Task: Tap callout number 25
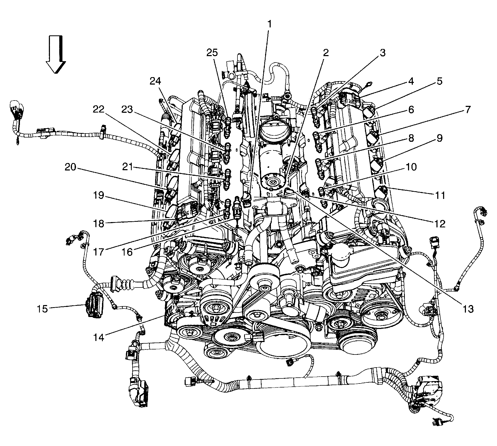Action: (x=212, y=53)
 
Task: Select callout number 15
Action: (x=43, y=309)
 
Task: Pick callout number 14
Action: (x=99, y=337)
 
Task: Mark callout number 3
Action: (x=382, y=53)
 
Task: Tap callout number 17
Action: (x=99, y=252)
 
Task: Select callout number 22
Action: (x=99, y=110)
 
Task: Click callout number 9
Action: (x=440, y=138)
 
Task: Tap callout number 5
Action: (x=440, y=81)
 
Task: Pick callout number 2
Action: (x=326, y=53)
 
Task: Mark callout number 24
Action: (x=156, y=81)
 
